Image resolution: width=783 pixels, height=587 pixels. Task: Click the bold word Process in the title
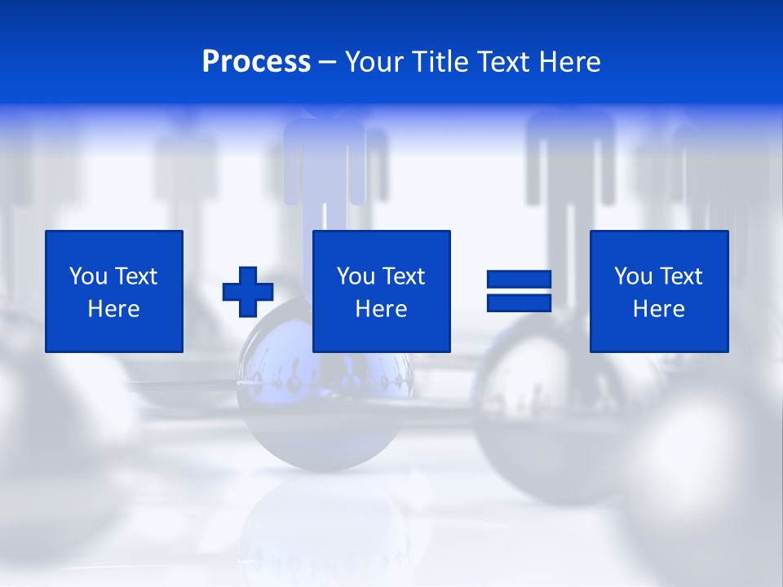click(256, 62)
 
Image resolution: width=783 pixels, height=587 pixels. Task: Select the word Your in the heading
click(373, 62)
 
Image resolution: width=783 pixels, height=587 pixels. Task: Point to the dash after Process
click(328, 63)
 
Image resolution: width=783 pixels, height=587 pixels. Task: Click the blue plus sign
click(248, 291)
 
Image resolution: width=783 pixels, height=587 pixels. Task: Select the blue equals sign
click(519, 291)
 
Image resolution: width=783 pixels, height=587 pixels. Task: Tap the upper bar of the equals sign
click(519, 280)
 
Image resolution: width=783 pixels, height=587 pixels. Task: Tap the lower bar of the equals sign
click(519, 302)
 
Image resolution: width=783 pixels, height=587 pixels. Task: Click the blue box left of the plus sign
click(114, 291)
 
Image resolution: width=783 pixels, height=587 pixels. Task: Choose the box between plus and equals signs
click(382, 291)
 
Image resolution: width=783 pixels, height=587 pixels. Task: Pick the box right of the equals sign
click(659, 291)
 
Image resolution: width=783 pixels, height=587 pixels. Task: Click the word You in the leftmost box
click(88, 276)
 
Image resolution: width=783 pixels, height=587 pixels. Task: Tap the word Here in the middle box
click(382, 309)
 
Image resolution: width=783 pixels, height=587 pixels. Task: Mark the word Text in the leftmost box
click(135, 276)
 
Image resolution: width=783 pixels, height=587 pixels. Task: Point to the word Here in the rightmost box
click(659, 309)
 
